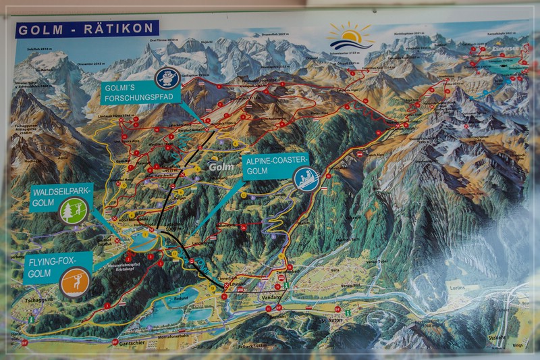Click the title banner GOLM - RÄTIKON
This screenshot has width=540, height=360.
[86, 30]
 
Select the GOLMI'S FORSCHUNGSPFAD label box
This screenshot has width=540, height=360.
[141, 93]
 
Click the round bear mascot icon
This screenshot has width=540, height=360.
[166, 78]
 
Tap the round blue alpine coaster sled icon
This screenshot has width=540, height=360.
[306, 179]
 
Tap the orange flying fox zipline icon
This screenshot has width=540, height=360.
[74, 282]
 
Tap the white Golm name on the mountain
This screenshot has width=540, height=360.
[221, 167]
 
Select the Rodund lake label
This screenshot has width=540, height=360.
[181, 297]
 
